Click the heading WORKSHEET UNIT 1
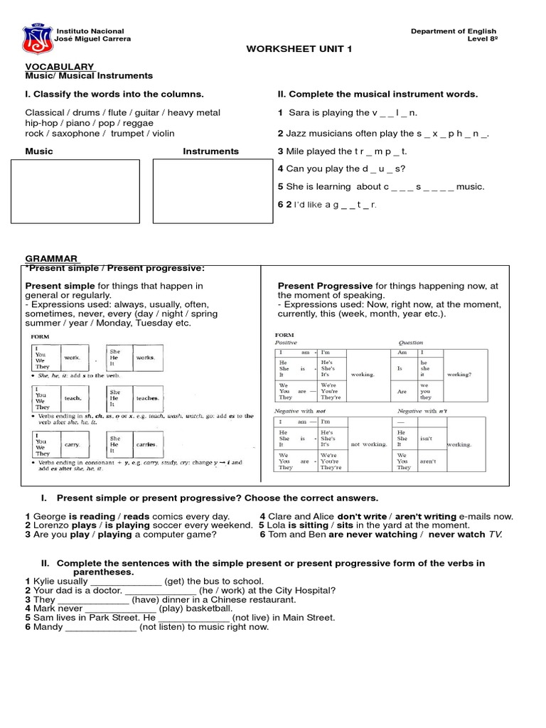tap(289, 48)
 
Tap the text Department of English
tap(449, 31)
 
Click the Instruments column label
tap(210, 151)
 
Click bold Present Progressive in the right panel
tap(325, 286)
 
